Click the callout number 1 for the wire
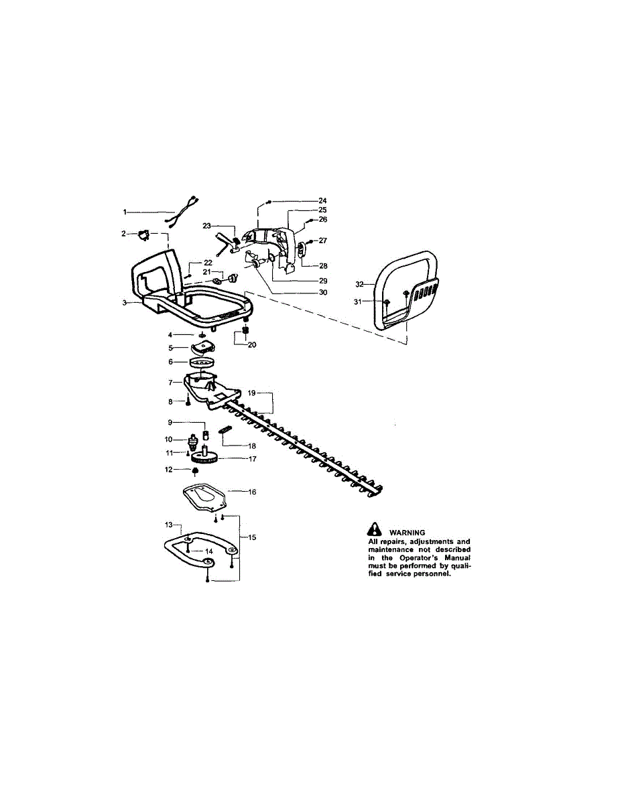tap(125, 212)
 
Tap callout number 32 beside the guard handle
tap(360, 284)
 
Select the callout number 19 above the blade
tap(251, 393)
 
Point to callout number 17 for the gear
tap(253, 459)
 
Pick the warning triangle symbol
tap(375, 529)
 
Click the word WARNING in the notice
tap(408, 533)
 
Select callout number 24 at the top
tap(323, 201)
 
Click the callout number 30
tap(323, 292)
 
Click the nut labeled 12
tap(194, 470)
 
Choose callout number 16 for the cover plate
tap(253, 492)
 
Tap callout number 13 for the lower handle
tap(169, 525)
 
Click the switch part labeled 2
tap(143, 235)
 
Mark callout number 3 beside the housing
tap(125, 303)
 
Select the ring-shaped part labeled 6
tap(202, 362)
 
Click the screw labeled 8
tap(188, 401)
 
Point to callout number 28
tap(323, 266)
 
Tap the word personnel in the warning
tap(435, 574)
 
